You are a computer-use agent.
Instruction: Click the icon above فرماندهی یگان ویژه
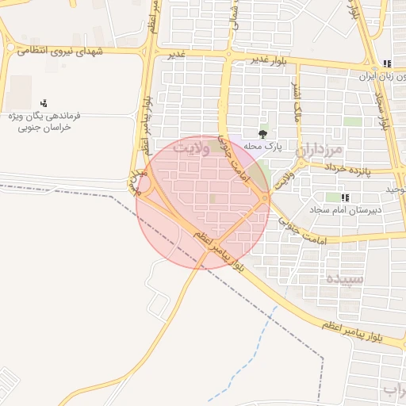[44, 104]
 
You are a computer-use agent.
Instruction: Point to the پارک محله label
[263, 146]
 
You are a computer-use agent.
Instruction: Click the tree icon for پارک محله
[263, 134]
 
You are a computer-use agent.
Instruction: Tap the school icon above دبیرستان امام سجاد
[344, 197]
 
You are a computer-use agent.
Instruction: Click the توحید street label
[396, 189]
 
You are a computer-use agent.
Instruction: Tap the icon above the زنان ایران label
[387, 63]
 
